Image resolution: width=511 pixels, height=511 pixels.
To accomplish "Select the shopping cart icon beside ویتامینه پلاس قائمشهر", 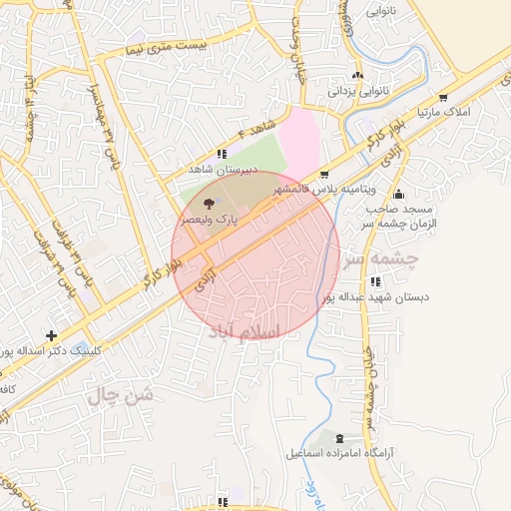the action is click(324, 175).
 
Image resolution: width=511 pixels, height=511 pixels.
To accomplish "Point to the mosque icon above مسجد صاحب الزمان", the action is click(399, 195).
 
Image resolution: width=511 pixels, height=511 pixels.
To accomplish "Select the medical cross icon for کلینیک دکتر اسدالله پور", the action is click(51, 335).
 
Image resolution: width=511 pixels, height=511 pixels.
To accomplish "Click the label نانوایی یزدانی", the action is click(358, 90).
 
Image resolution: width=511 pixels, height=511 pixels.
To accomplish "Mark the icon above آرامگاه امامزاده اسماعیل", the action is click(339, 439).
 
